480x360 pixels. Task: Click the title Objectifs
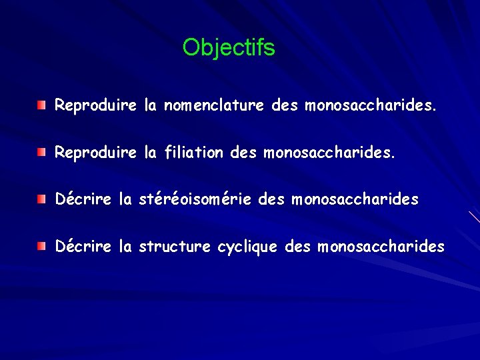(229, 47)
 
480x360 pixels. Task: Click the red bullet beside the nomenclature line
(42, 105)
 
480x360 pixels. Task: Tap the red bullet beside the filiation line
(42, 153)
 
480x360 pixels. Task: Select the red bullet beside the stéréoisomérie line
(42, 199)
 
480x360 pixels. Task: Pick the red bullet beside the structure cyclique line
(42, 247)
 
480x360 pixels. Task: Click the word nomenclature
(215, 105)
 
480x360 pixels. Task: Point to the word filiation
(193, 153)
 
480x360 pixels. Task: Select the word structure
(175, 247)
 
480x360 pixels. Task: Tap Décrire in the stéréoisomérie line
(83, 199)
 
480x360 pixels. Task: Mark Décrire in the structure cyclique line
(83, 247)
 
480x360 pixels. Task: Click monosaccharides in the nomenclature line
(371, 105)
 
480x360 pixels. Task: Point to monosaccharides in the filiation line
(329, 153)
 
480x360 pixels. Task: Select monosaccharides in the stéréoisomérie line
(355, 199)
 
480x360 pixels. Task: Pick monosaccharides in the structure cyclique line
(381, 247)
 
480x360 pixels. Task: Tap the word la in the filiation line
(150, 153)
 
